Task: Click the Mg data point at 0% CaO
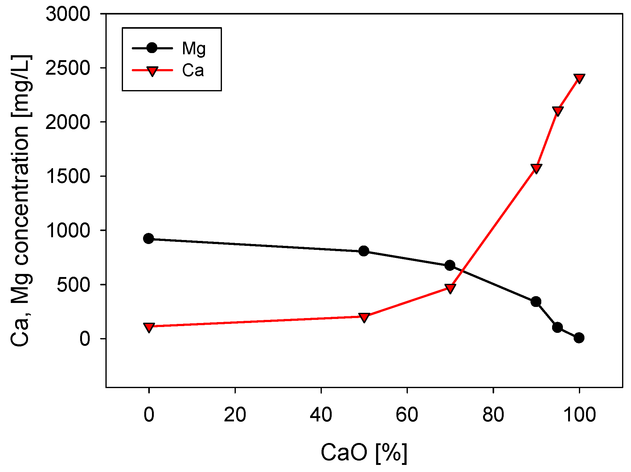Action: [x=149, y=238]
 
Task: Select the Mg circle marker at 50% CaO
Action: [x=364, y=251]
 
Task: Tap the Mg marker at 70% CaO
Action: [x=450, y=265]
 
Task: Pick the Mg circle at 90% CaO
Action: [x=536, y=301]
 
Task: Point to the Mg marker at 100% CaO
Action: [x=579, y=338]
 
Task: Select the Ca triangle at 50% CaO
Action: [x=364, y=317]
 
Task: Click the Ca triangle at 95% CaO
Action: [x=558, y=111]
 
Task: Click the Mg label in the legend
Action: [x=194, y=49]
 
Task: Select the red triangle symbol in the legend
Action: [x=152, y=71]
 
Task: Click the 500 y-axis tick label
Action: [x=73, y=285]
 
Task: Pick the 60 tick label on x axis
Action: [x=407, y=415]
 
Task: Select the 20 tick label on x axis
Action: [x=235, y=415]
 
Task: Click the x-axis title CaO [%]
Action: [x=364, y=453]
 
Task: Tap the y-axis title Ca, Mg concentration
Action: [x=21, y=201]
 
